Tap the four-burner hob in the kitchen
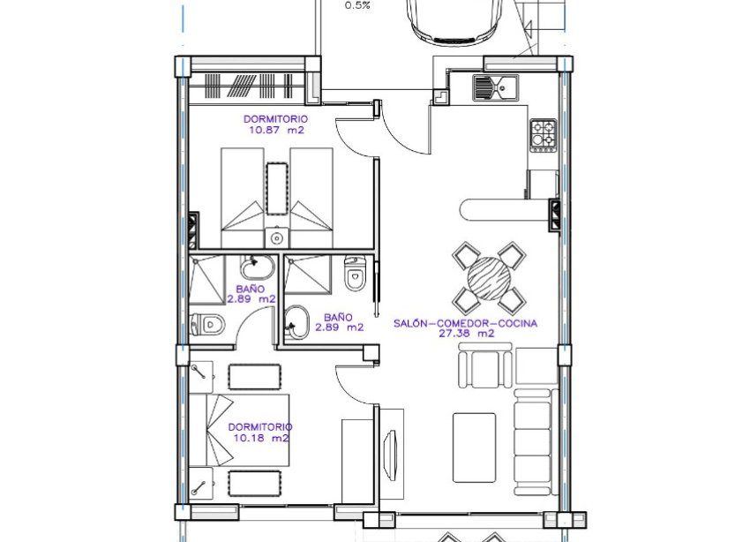point(543,133)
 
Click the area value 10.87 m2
point(276,129)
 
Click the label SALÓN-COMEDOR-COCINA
point(465,323)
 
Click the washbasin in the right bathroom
point(296,322)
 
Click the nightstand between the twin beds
point(277,187)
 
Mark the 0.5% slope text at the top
point(357,5)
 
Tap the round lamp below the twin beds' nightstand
point(277,237)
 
